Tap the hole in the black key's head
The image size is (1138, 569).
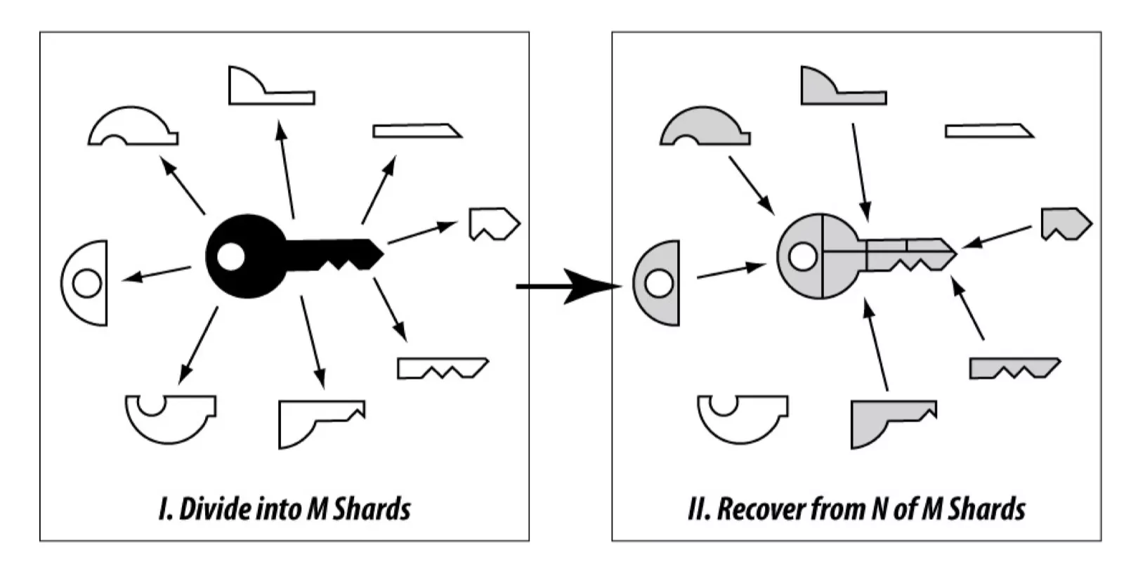pyautogui.click(x=230, y=256)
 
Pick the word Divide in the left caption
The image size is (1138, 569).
pyautogui.click(x=210, y=509)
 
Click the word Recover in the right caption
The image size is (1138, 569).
pyautogui.click(x=761, y=509)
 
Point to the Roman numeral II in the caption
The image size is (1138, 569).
pyautogui.click(x=698, y=509)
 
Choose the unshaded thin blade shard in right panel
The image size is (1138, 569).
pyautogui.click(x=987, y=131)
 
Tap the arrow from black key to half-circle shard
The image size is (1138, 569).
pyautogui.click(x=157, y=273)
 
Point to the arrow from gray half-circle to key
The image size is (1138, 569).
pyautogui.click(x=731, y=272)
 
